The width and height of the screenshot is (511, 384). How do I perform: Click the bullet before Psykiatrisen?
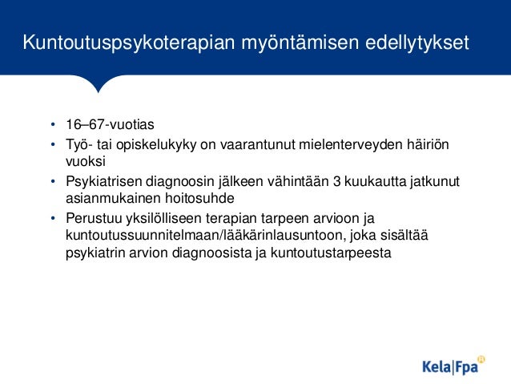[x=51, y=181]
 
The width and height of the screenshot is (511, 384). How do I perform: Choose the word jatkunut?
[x=437, y=181]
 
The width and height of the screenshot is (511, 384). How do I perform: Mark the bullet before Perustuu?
[x=51, y=218]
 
